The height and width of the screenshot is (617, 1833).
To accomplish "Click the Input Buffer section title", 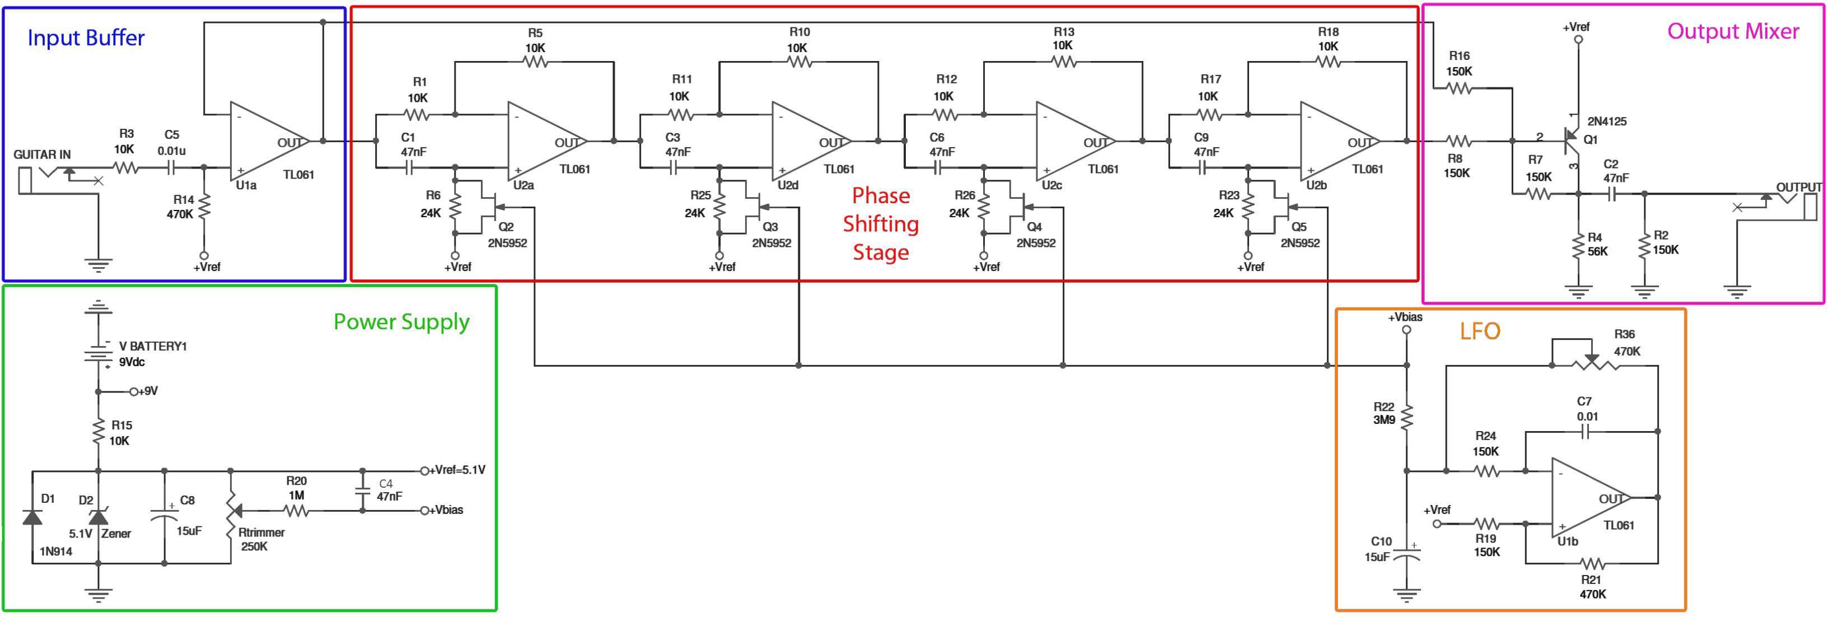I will tap(86, 38).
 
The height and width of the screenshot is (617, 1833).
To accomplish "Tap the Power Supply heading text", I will tap(401, 322).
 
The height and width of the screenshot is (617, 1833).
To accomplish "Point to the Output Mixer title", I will tap(1732, 31).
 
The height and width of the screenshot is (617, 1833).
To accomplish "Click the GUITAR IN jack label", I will tap(42, 155).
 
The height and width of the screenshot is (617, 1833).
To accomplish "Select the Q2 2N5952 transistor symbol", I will tap(490, 207).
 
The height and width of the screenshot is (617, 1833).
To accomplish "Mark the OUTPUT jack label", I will tap(1798, 187).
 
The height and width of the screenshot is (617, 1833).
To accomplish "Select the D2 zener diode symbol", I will tap(98, 517).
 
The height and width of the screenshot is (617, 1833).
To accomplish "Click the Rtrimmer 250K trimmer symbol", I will tap(231, 511).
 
